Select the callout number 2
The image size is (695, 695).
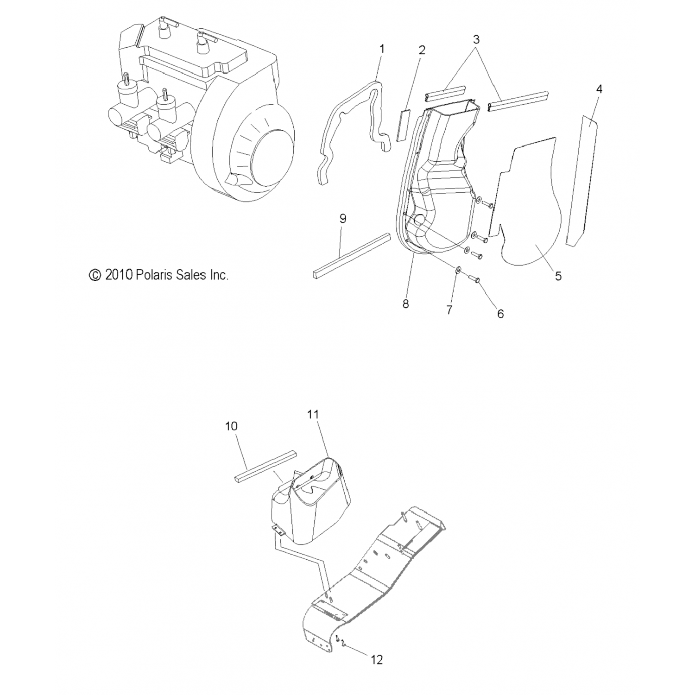coord(422,50)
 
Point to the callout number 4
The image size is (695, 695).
coord(599,89)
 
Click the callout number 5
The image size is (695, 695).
coord(558,276)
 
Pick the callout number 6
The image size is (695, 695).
coord(500,314)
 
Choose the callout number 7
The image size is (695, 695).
coord(449,310)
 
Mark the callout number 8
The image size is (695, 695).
coord(405,304)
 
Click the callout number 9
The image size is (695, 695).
coord(343,219)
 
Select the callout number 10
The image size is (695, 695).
coord(231,426)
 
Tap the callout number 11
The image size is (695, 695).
coord(313,414)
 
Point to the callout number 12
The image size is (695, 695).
coord(377,660)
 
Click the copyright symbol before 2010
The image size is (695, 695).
coord(95,275)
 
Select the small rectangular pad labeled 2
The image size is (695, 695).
coord(401,125)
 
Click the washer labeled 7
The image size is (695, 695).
coord(458,270)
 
